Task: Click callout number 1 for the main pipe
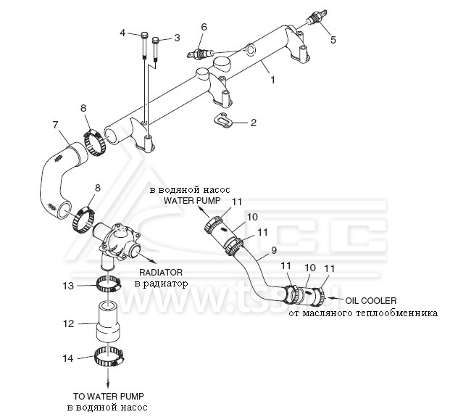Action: click(x=272, y=80)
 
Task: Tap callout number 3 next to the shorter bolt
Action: click(x=177, y=38)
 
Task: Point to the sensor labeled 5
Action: click(x=317, y=17)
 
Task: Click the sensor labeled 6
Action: click(x=200, y=53)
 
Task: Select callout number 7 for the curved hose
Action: click(x=56, y=125)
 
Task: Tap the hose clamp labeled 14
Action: click(x=109, y=357)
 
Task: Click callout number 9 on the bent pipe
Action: click(x=274, y=250)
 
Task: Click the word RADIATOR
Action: click(x=161, y=272)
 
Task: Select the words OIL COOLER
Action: click(x=371, y=301)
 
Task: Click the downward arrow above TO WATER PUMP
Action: click(x=108, y=377)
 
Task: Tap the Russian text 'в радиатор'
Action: click(x=161, y=284)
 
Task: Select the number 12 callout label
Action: click(x=68, y=323)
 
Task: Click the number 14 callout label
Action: click(x=68, y=358)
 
